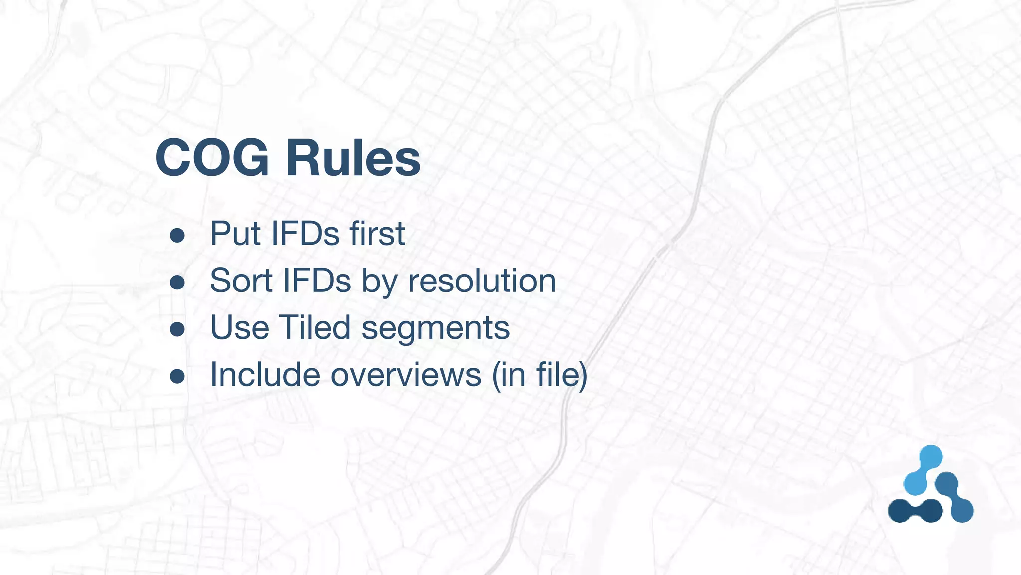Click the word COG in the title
point(212,158)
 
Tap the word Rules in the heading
point(353,158)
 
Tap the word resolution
point(482,281)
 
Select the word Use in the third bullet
point(239,327)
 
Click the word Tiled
point(315,327)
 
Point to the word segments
point(435,328)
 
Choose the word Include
point(265,374)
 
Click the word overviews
point(406,375)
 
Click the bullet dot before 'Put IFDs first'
point(177,235)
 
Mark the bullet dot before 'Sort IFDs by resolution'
point(177,283)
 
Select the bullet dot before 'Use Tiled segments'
point(177,329)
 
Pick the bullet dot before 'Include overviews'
point(177,376)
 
